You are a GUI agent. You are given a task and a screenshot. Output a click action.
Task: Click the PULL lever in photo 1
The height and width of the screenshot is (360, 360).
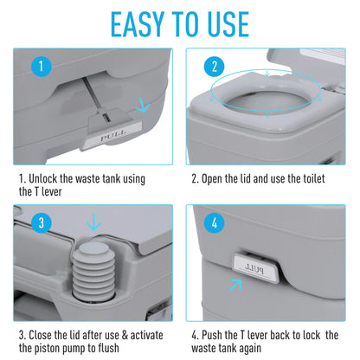(112, 137)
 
